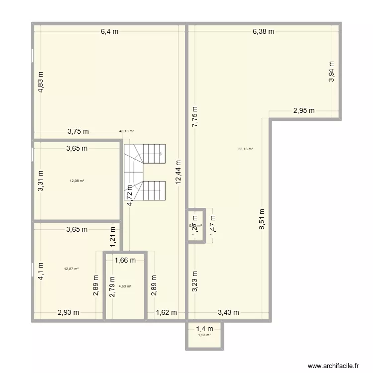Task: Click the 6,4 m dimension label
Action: point(109,31)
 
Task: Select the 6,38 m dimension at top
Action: point(263,31)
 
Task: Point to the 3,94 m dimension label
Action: point(332,71)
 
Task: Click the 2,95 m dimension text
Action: point(303,110)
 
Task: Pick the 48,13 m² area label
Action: point(127,132)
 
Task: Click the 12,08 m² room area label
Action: point(77,181)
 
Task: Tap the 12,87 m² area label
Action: point(72,269)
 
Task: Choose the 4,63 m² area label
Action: point(125,286)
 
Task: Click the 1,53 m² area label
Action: point(204,335)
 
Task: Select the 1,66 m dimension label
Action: point(125,259)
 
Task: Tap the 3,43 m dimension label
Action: point(228,312)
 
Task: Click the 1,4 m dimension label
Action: point(204,328)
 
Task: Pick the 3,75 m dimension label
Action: point(78,132)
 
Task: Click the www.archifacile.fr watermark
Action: point(334,366)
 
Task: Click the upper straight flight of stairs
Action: point(154,153)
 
